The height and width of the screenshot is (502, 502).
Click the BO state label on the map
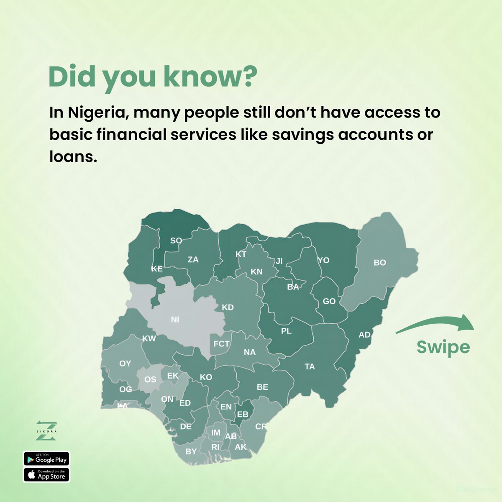point(379,263)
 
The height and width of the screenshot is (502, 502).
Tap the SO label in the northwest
point(176,241)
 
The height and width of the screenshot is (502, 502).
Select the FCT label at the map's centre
point(221,344)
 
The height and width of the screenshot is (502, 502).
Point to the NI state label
point(175,320)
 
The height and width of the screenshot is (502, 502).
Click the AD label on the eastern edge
point(364,335)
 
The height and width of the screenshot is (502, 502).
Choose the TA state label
point(310,367)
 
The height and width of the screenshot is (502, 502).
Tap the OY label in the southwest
point(125,364)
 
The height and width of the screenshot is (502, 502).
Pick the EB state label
point(243,415)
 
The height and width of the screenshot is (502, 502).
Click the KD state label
point(228,307)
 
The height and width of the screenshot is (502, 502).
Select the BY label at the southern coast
point(191,451)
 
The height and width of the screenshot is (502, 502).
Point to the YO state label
point(323,260)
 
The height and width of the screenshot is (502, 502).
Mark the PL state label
point(286,331)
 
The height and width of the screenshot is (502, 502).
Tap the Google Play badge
point(46,459)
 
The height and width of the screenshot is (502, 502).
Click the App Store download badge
point(46,475)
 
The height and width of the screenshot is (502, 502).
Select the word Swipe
point(443,347)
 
